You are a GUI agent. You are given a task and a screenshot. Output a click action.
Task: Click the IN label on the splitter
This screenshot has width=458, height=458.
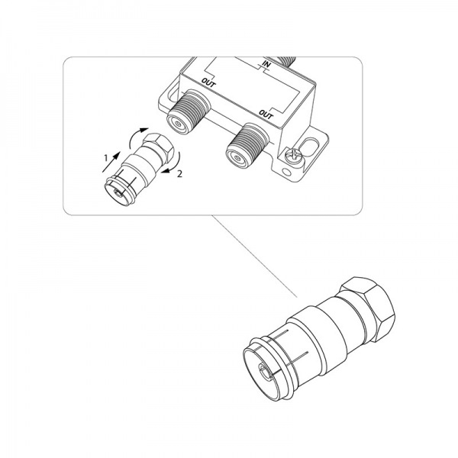[x=266, y=64]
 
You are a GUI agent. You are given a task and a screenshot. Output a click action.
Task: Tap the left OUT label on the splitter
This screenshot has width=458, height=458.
[x=208, y=82]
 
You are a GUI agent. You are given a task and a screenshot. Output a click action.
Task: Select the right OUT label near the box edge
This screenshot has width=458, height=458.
[x=266, y=114]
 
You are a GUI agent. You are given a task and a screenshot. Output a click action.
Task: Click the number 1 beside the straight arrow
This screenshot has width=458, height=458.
[x=106, y=158]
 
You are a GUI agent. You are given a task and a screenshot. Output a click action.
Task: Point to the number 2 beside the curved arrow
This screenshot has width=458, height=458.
[x=179, y=174]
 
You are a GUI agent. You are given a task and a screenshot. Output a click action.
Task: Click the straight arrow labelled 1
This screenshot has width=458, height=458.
[x=111, y=162]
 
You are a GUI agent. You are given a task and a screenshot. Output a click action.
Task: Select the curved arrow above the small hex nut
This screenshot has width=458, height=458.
[x=137, y=136]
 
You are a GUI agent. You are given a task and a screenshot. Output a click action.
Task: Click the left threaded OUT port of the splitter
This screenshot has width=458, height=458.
[x=188, y=111]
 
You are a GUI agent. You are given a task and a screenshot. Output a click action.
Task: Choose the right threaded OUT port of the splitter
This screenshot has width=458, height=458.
[x=247, y=145]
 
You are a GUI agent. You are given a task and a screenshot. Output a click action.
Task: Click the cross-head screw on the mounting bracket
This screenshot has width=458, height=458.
[x=292, y=155]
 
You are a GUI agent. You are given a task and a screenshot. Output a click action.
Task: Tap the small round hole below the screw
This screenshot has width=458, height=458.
[x=287, y=172]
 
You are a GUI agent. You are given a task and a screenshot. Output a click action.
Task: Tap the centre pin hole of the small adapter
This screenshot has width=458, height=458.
[x=118, y=192]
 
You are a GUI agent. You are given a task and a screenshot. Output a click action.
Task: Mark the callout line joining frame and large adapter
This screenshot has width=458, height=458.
[x=254, y=256]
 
